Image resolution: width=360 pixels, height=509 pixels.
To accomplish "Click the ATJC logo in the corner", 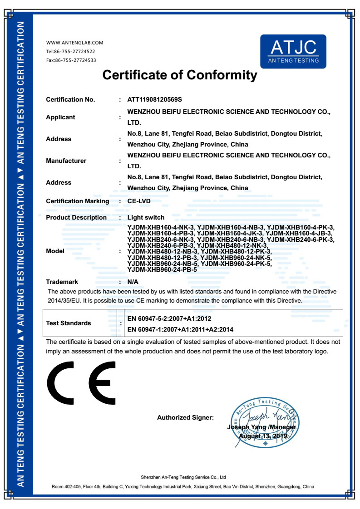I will [x=293, y=51].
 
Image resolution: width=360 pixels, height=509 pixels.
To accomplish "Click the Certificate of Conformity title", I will [x=180, y=75].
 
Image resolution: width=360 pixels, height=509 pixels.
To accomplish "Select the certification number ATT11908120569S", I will [x=154, y=100].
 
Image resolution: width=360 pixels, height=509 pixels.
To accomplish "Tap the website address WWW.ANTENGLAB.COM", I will [x=75, y=43].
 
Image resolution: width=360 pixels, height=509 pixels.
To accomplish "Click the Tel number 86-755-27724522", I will [x=71, y=51].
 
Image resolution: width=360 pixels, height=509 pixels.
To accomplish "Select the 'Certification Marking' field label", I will [x=78, y=201].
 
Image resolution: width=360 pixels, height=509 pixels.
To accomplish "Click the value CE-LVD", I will [x=139, y=201].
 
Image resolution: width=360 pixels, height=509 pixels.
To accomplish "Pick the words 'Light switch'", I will [x=146, y=218].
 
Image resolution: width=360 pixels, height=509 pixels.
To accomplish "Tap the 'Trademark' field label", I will [x=62, y=282].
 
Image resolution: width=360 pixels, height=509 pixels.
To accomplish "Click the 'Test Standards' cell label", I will [x=69, y=323].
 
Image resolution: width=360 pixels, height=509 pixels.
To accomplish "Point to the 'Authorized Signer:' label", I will [x=185, y=417].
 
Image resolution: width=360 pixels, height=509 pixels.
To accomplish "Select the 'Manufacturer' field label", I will [x=66, y=161].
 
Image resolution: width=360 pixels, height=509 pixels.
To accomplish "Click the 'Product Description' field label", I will [x=76, y=218].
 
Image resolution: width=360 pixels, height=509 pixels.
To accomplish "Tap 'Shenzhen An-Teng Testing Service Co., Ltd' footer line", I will [x=183, y=477].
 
